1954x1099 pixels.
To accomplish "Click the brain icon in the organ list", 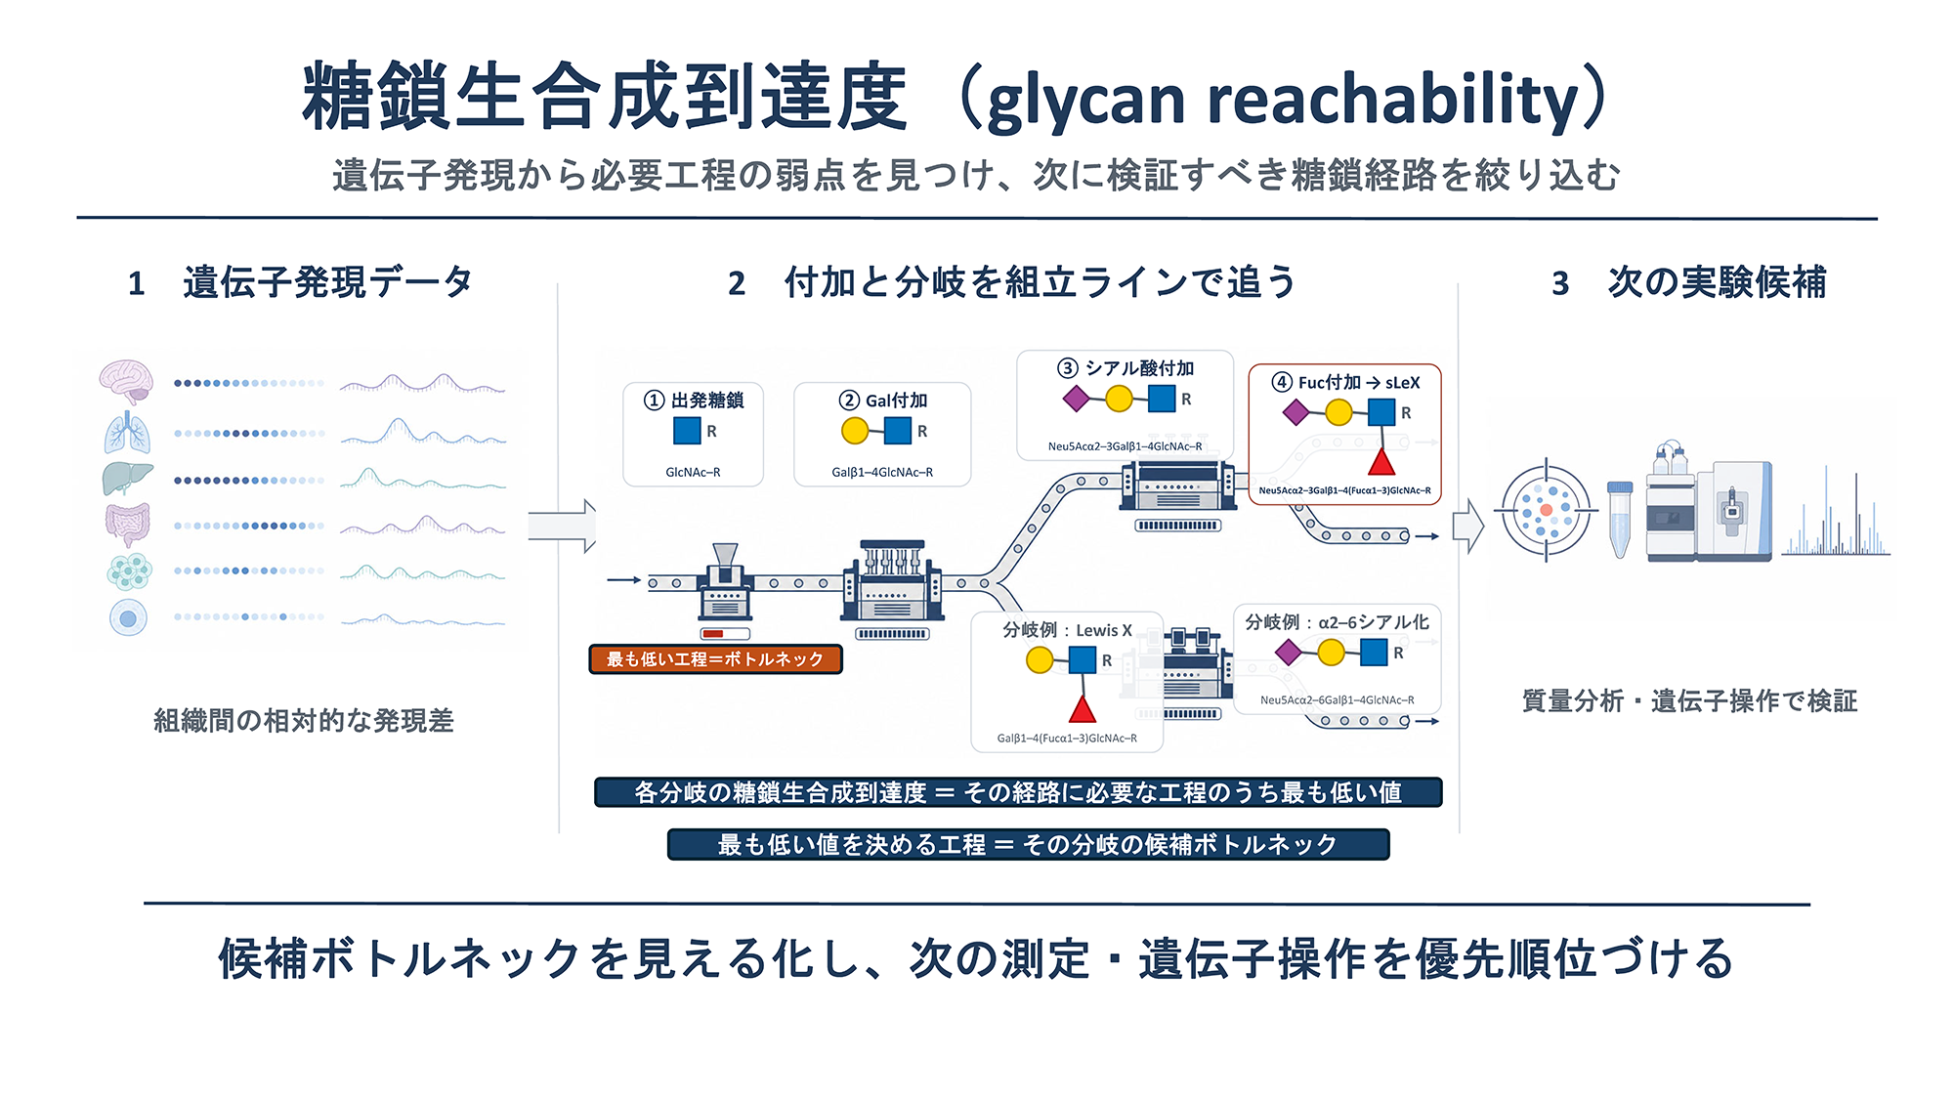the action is click(x=126, y=382).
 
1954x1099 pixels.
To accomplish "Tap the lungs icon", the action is click(x=128, y=433).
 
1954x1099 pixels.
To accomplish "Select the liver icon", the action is click(x=128, y=478).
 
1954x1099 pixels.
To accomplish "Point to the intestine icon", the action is click(x=128, y=525).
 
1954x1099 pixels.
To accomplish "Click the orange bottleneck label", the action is click(x=715, y=659).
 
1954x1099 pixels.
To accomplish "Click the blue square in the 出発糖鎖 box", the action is click(x=687, y=431).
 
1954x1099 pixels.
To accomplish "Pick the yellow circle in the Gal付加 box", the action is click(x=855, y=431).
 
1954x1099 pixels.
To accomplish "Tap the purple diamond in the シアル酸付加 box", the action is click(x=1076, y=399).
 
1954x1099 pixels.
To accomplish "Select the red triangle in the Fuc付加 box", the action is click(x=1381, y=461).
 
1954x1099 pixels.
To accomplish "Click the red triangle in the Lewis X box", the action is click(x=1083, y=708).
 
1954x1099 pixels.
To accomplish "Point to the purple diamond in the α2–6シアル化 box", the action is click(x=1289, y=652).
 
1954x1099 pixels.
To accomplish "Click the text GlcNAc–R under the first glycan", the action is click(x=693, y=473).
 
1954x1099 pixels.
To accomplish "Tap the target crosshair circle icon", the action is click(x=1546, y=510).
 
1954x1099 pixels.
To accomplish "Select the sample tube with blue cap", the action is click(x=1620, y=519).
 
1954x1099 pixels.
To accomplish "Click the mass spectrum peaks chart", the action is click(x=1836, y=513).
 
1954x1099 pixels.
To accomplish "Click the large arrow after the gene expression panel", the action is click(x=563, y=526).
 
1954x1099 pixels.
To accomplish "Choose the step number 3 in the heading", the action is click(x=1560, y=283).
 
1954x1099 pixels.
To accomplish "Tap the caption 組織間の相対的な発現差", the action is click(x=304, y=721).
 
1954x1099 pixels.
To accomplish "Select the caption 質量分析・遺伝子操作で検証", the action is click(x=1689, y=700).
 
